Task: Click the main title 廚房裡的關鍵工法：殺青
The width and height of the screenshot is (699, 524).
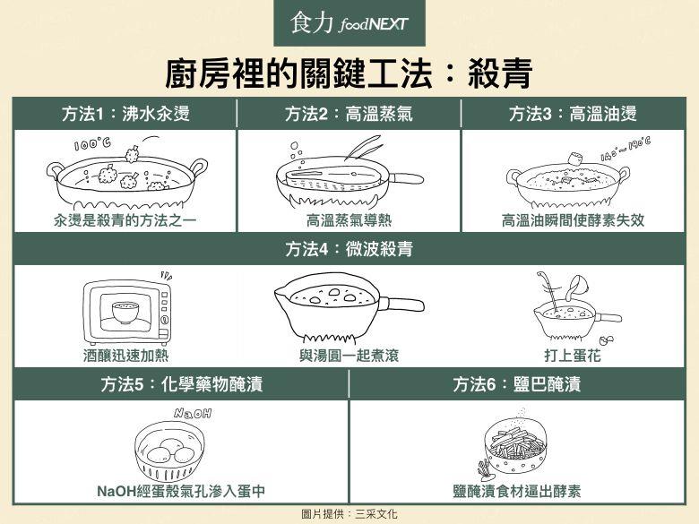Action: [x=349, y=73]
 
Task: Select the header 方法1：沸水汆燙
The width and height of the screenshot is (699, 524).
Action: [x=125, y=114]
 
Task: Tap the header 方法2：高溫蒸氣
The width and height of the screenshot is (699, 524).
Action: [x=349, y=114]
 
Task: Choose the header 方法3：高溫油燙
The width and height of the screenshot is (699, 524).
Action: [x=573, y=114]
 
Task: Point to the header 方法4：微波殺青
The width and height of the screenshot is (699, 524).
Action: [x=349, y=250]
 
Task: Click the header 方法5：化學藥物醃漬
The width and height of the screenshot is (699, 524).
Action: [x=181, y=384]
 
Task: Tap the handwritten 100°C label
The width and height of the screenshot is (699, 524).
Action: [x=92, y=144]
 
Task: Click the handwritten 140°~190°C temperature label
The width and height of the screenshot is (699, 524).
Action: [x=625, y=149]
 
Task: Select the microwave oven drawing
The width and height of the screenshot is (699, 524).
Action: [x=125, y=313]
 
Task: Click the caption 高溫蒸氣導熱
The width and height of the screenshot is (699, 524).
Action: [x=349, y=219]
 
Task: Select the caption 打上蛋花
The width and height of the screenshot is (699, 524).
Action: [x=572, y=356]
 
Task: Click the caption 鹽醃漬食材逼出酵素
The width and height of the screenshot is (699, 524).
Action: [x=517, y=491]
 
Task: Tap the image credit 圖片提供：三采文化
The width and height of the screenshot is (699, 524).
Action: [x=349, y=514]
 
